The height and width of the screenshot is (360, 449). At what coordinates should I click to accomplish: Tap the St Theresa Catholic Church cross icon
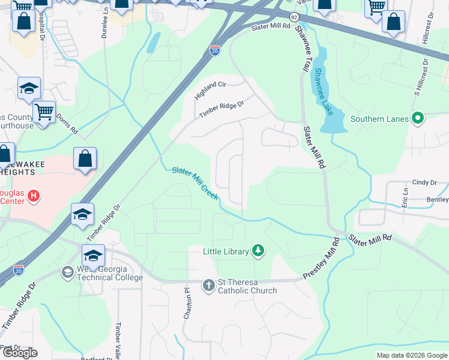point(208,285)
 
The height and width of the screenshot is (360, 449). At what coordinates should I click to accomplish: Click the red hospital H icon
point(34,196)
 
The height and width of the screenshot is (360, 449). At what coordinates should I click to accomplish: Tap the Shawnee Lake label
point(324,91)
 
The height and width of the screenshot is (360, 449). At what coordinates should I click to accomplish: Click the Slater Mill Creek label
point(196,183)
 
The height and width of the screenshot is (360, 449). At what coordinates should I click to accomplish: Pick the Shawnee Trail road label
point(300,47)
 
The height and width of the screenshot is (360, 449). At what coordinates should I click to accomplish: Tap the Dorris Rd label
point(67,124)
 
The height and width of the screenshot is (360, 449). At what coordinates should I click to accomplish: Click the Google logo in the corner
point(19,353)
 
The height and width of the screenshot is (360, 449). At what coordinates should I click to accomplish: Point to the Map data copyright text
point(411,355)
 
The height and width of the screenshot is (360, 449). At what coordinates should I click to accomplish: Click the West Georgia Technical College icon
point(67,273)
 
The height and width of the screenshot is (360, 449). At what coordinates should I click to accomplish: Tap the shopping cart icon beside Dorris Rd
point(44,112)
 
